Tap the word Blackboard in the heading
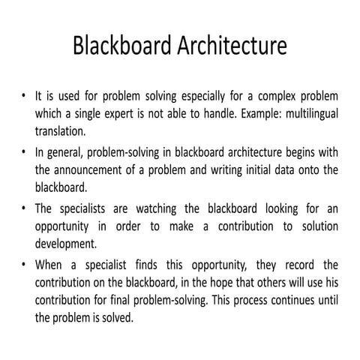113,46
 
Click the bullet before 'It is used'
24,97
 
